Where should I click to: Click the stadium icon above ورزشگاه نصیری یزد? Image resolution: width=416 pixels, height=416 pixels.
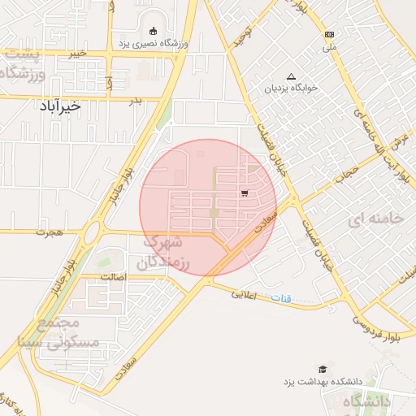click(x=153, y=30)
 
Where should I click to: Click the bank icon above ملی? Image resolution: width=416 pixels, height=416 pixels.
click(x=329, y=34)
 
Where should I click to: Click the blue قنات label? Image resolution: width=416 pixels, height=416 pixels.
click(x=280, y=299)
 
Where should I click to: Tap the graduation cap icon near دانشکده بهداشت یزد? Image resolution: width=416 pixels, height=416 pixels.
click(x=323, y=370)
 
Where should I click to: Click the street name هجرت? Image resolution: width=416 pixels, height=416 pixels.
click(x=48, y=232)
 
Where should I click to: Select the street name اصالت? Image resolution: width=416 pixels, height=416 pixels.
click(x=113, y=277)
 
